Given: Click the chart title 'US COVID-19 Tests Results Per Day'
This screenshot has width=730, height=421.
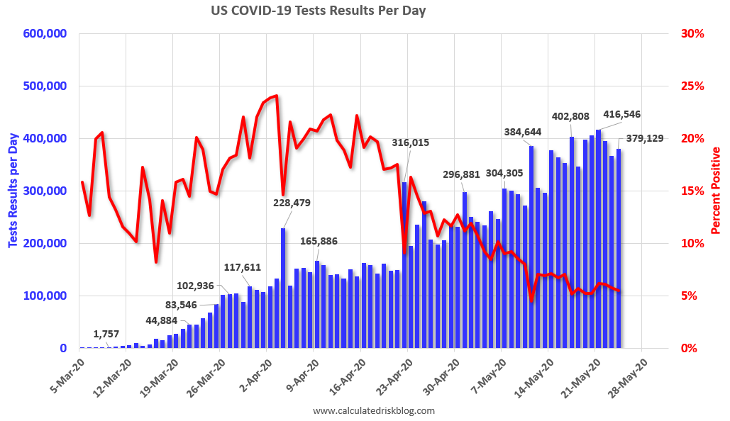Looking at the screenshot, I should pos(328,11).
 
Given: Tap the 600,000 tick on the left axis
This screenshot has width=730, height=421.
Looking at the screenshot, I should pos(45,34).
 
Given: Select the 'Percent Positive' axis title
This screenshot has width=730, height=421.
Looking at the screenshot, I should pos(716,191).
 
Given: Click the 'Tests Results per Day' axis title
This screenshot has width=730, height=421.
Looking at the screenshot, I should pos(13,191).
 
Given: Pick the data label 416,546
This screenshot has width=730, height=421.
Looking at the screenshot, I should pos(626,113).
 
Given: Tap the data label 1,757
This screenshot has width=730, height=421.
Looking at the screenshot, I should pos(106,334).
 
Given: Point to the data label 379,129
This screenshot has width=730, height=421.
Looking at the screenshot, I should pos(644,138).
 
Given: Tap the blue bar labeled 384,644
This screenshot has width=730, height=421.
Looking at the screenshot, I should pos(531,247).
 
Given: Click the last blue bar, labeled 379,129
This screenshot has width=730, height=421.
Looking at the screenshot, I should pos(619,249).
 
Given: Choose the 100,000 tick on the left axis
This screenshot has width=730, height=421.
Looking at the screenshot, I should pos(45,296).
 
